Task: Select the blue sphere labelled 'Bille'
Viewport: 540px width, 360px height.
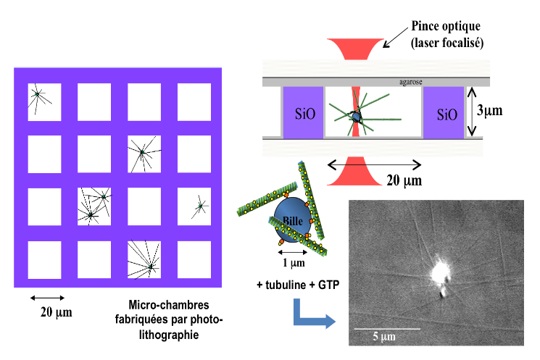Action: coord(292,217)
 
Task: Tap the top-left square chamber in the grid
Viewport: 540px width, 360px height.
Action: coord(45,101)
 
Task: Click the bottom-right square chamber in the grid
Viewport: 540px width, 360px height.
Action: coord(194,256)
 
